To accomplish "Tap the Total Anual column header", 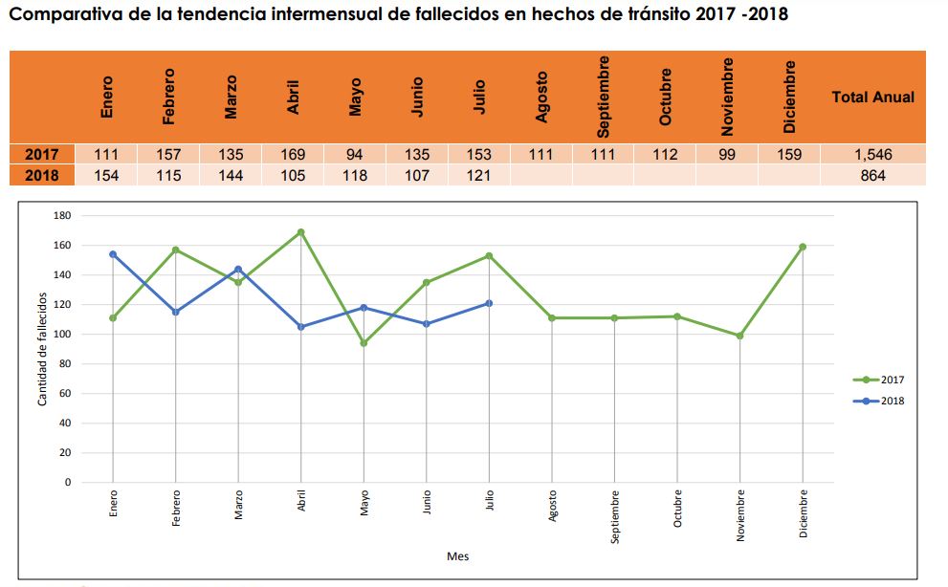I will click(x=872, y=97).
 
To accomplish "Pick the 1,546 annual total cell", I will click(x=872, y=155).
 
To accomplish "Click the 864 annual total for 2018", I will click(x=872, y=176).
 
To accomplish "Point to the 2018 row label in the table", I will click(x=42, y=176).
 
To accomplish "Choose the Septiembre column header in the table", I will click(x=603, y=97).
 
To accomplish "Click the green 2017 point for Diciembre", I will click(x=803, y=247).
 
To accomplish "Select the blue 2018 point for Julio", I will click(x=489, y=303).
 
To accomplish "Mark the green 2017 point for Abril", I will click(x=301, y=232).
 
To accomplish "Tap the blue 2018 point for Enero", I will click(x=113, y=254).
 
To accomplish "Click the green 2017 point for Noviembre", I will click(x=739, y=336).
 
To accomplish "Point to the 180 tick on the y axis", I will click(x=62, y=216).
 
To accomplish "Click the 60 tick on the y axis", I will click(x=65, y=394).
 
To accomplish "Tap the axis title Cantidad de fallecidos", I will click(x=43, y=348).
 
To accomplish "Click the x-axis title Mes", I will click(x=457, y=556).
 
